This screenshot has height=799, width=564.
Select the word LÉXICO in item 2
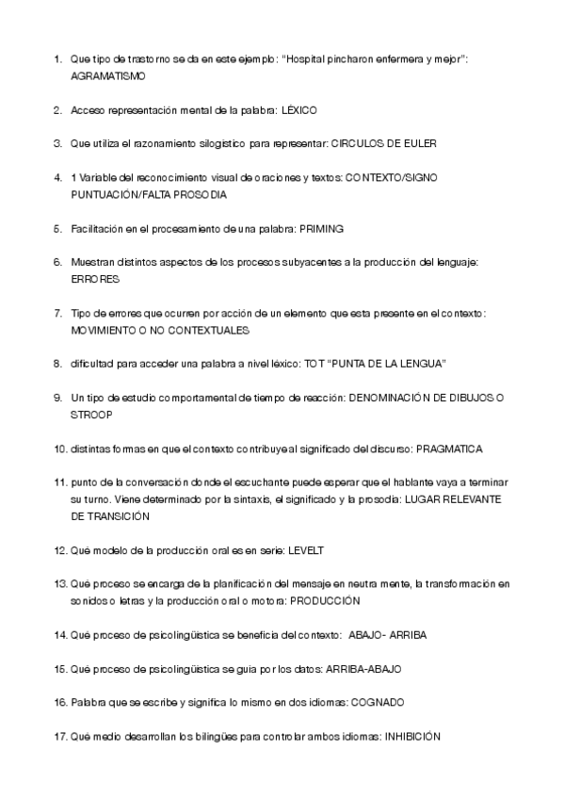298,110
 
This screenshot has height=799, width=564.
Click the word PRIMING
320,228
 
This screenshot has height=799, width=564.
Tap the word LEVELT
311,548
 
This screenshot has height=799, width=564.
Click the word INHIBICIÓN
410,736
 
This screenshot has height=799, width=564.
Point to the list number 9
58,398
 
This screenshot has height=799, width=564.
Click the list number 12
59,548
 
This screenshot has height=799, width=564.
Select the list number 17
59,736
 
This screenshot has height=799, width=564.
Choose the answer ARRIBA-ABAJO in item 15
363,668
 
